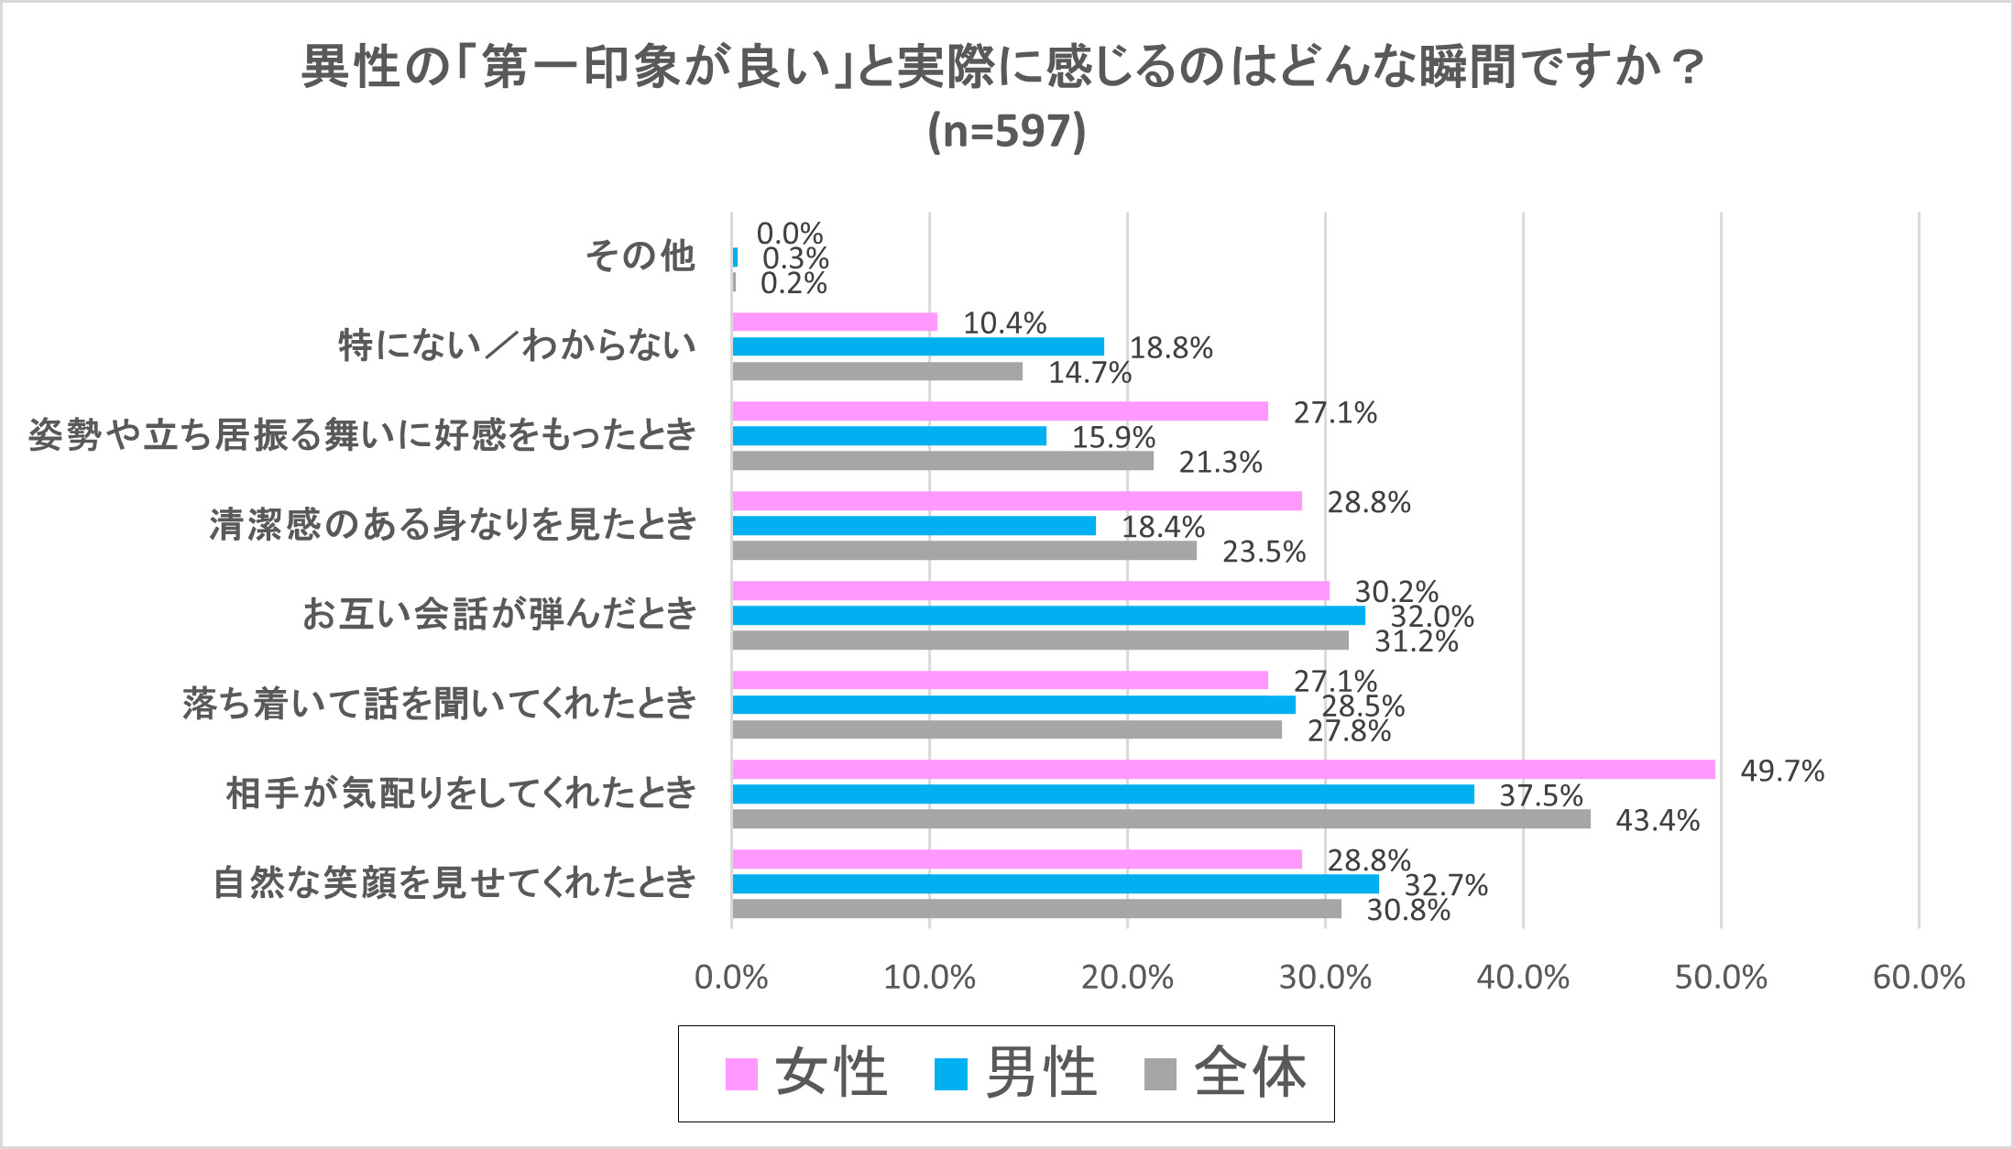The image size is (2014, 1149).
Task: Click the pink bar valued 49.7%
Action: pyautogui.click(x=1223, y=770)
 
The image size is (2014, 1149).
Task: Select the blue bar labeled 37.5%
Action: pyautogui.click(x=1103, y=794)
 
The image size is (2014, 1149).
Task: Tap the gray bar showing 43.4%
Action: pyautogui.click(x=1161, y=819)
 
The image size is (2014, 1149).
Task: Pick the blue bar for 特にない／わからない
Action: pyautogui.click(x=918, y=346)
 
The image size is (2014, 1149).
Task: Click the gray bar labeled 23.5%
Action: pyautogui.click(x=964, y=551)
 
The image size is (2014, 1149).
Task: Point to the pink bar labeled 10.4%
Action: pyautogui.click(x=835, y=322)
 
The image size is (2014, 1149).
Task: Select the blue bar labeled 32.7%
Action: pyautogui.click(x=1056, y=884)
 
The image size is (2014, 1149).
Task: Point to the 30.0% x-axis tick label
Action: pyautogui.click(x=1325, y=978)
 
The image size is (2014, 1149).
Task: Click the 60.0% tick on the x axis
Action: pyautogui.click(x=1919, y=978)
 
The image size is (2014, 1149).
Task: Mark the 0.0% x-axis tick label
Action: pyautogui.click(x=731, y=978)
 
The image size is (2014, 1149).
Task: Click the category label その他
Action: pyautogui.click(x=640, y=257)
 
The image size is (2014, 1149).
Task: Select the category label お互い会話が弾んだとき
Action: pyautogui.click(x=499, y=614)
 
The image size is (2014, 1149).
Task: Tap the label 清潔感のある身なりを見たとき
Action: pyautogui.click(x=453, y=525)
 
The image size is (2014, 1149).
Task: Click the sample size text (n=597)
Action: pyautogui.click(x=1006, y=131)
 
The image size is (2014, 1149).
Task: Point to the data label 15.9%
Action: pyautogui.click(x=1113, y=437)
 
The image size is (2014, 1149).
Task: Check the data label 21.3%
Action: pyautogui.click(x=1220, y=462)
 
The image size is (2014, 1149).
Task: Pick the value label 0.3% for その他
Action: pyautogui.click(x=795, y=258)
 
